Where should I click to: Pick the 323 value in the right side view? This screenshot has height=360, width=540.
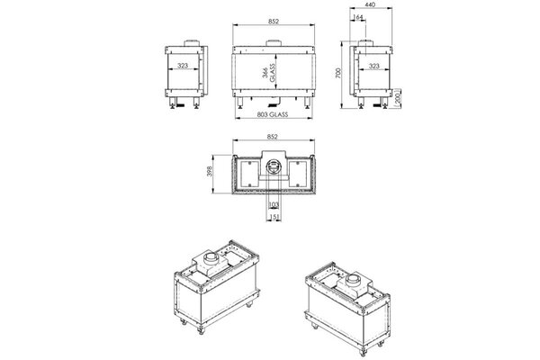pyautogui.click(x=374, y=67)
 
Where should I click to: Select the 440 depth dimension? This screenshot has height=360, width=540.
pyautogui.click(x=371, y=6)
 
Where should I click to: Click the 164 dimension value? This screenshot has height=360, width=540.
pyautogui.click(x=361, y=17)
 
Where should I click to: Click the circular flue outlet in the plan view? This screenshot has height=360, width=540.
pyautogui.click(x=272, y=167)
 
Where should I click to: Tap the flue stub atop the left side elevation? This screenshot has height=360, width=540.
pyautogui.click(x=191, y=43)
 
